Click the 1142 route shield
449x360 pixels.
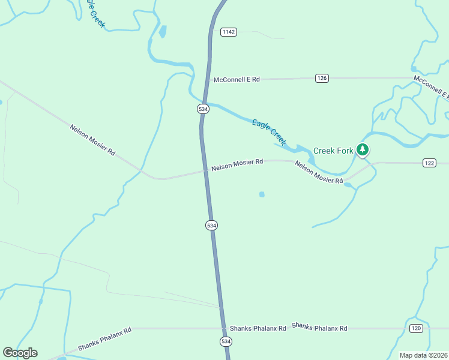(228, 32)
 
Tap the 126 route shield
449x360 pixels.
(322, 78)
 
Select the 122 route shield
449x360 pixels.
(429, 163)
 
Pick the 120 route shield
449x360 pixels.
(417, 328)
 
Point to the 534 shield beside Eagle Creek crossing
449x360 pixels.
(203, 109)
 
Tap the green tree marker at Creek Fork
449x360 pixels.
(363, 149)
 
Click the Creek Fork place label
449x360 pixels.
(333, 151)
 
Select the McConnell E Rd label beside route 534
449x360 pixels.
(237, 79)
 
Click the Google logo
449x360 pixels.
(20, 353)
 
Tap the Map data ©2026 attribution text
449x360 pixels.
(423, 355)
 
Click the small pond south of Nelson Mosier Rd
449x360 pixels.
(262, 194)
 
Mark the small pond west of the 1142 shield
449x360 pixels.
(163, 31)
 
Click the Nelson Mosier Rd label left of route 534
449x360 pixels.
(92, 140)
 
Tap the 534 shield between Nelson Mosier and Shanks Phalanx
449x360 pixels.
(211, 225)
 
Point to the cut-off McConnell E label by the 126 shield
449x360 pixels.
(430, 87)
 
